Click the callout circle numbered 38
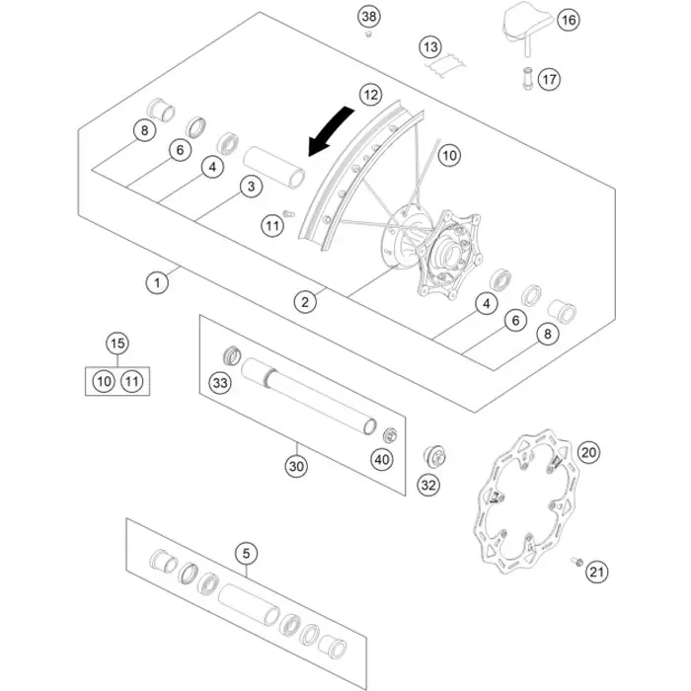[369, 17]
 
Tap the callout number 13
[429, 46]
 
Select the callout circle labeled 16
[569, 19]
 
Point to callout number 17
[549, 78]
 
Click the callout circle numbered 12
[369, 95]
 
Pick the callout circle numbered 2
[307, 301]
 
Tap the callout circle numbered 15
[117, 344]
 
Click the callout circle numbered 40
[381, 458]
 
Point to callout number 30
[296, 465]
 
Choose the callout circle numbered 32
[427, 485]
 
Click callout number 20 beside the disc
[588, 453]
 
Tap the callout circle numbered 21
[596, 570]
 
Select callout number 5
[246, 554]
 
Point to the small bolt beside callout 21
[575, 562]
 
